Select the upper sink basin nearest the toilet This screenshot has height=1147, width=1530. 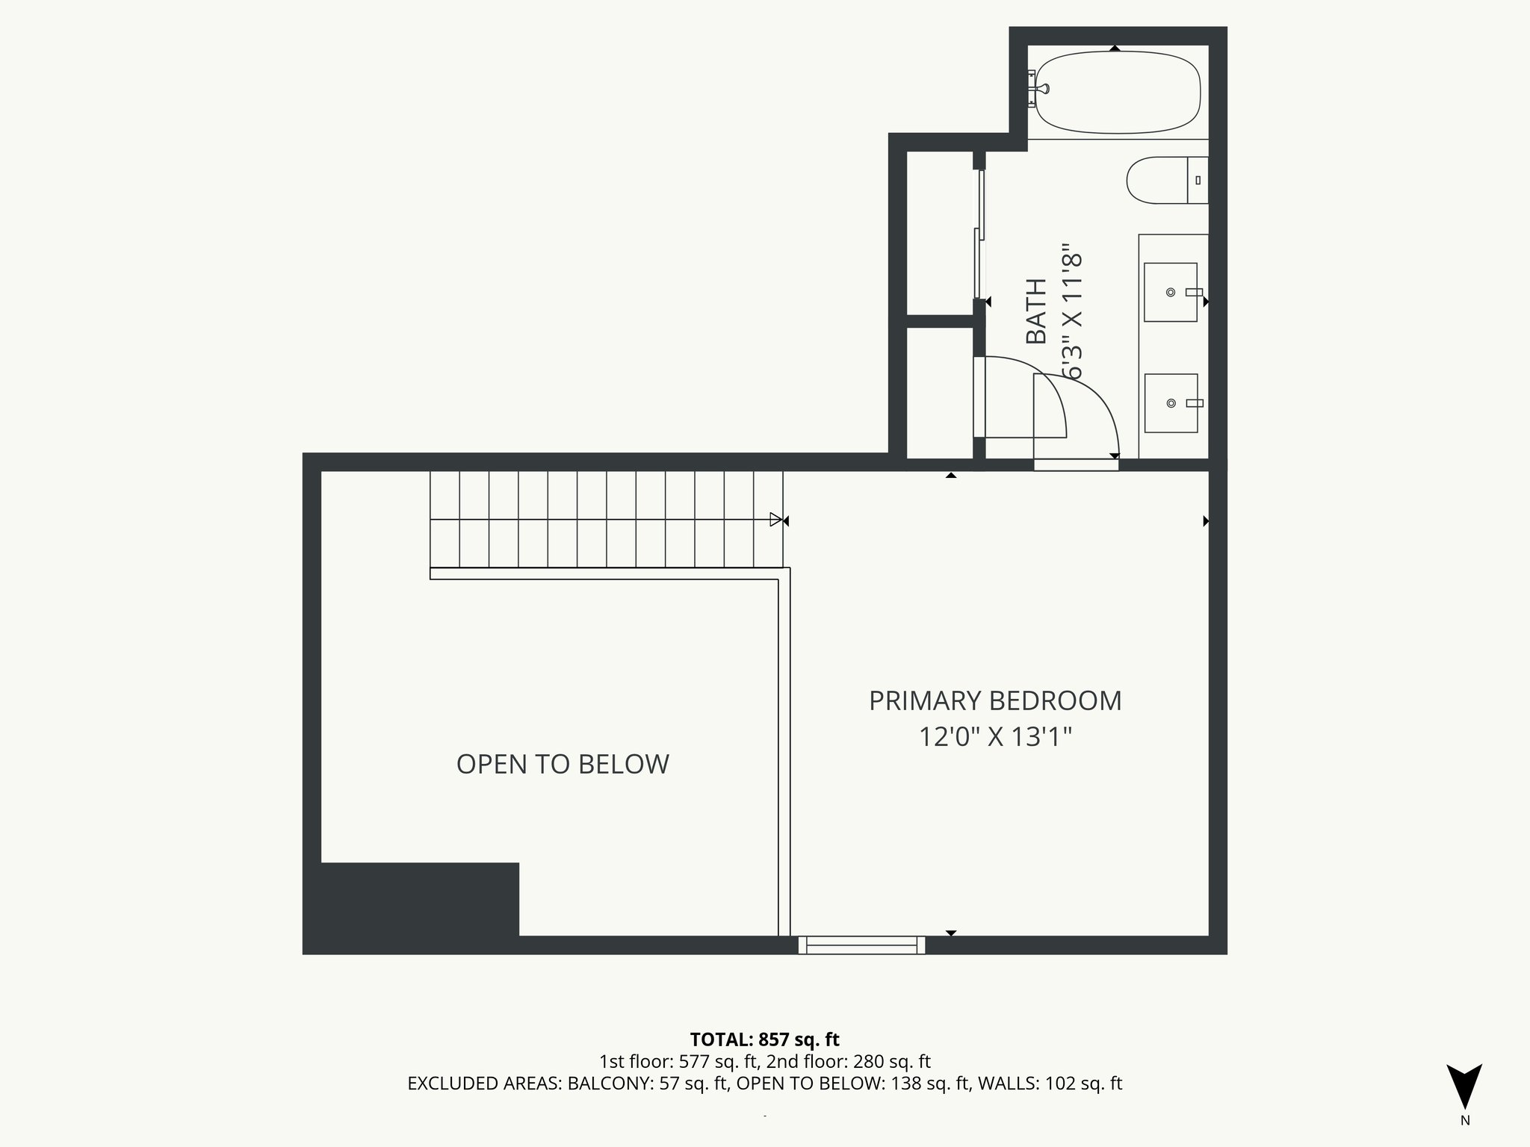1171,292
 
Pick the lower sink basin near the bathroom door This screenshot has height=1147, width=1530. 1171,403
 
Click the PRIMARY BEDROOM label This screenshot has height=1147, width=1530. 994,701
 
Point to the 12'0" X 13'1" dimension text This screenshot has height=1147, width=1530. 994,738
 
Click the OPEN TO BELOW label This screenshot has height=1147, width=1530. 563,765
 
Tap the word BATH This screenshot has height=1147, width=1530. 1036,311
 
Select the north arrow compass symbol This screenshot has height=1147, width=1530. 1464,1087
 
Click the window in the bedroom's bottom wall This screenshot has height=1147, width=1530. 861,945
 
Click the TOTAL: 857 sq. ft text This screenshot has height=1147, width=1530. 764,1039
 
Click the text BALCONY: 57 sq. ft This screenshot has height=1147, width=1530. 647,1084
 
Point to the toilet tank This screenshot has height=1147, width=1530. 1198,180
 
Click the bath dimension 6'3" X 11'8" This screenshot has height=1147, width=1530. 1071,311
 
